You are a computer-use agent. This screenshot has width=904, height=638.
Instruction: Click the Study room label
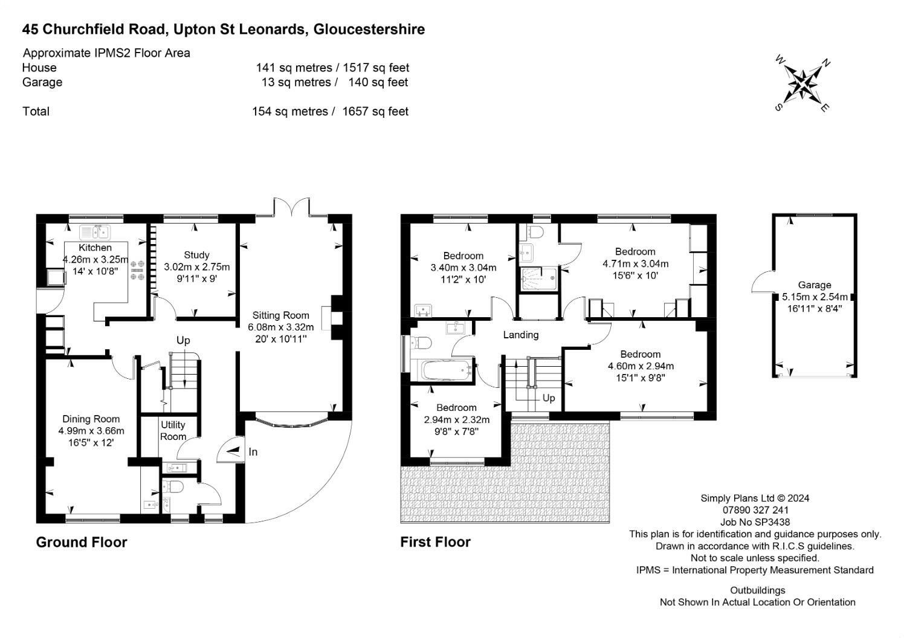(196, 255)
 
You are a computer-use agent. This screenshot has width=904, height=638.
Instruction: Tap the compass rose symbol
(802, 85)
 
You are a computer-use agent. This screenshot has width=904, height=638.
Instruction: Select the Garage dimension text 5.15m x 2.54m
(815, 297)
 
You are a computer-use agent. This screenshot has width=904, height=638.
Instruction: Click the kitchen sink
(95, 233)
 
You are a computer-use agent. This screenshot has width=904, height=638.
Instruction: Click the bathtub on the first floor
(447, 370)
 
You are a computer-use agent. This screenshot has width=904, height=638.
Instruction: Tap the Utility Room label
(173, 431)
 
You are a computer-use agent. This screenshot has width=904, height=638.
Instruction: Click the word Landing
(521, 335)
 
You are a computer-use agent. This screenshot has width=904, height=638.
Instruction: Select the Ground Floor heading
(82, 542)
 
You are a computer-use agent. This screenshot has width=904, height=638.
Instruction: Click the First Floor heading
(436, 542)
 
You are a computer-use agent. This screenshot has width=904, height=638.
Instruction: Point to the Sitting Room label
(280, 315)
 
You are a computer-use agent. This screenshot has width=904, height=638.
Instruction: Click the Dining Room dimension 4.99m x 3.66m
(91, 431)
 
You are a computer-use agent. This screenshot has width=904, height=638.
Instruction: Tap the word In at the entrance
(253, 452)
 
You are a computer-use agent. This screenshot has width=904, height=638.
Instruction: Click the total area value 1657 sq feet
(375, 111)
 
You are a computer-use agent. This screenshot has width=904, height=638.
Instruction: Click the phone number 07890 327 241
(755, 510)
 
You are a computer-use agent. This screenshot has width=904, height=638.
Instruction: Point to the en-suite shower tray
(539, 279)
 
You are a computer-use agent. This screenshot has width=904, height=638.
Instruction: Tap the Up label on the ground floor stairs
(183, 341)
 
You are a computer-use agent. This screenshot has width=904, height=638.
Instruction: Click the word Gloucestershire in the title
(369, 30)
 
